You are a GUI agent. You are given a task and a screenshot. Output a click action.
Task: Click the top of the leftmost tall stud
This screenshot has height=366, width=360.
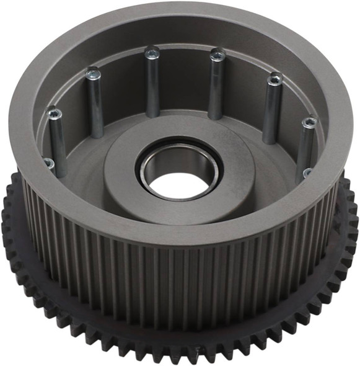(55, 114)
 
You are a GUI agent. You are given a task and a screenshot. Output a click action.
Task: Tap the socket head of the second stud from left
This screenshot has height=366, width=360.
(94, 73)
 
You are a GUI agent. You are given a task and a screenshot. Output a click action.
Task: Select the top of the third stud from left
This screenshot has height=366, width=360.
(152, 53)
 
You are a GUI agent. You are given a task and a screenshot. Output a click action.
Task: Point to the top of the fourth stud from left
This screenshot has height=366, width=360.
(216, 56)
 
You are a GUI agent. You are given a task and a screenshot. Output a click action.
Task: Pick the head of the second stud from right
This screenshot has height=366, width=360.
(274, 79)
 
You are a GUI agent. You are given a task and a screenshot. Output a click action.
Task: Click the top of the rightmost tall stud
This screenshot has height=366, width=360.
(308, 123)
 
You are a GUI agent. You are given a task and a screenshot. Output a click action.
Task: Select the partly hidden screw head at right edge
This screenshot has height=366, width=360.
(308, 173)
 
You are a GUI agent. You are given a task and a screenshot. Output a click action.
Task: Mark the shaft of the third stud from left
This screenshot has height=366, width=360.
(152, 87)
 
